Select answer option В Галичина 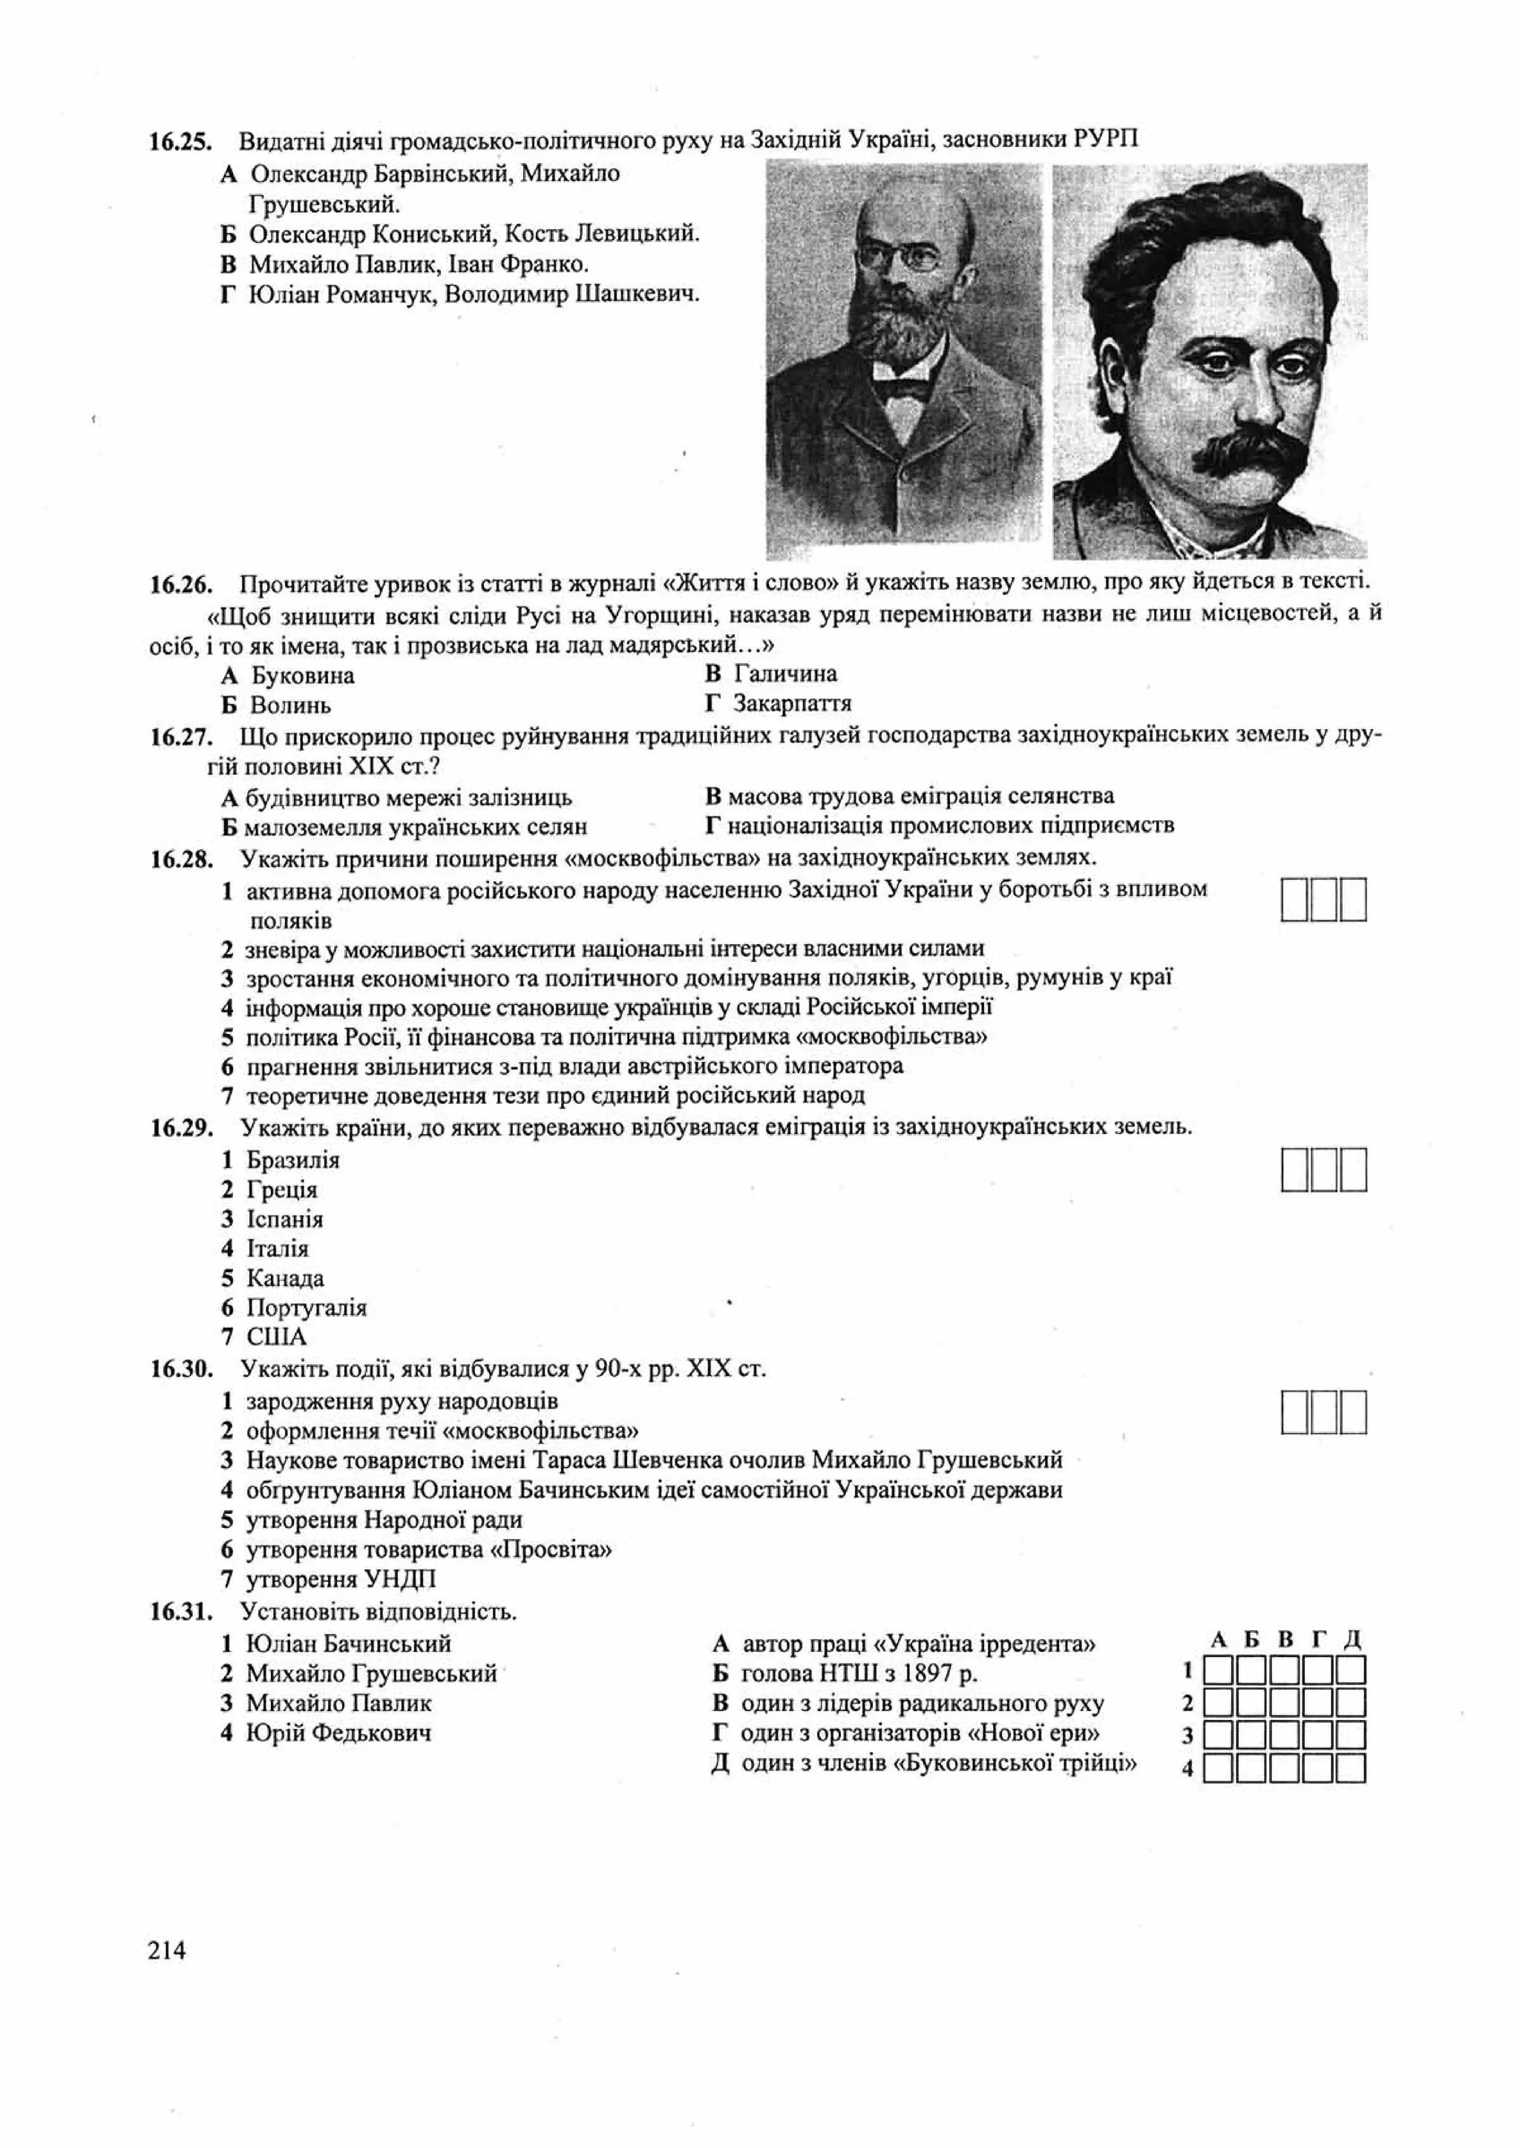772,673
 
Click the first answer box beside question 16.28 1294,899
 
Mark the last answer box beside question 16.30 1354,1413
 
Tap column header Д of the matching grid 1352,1640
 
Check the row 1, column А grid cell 1218,1670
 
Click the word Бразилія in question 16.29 293,1160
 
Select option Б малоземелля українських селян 404,827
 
